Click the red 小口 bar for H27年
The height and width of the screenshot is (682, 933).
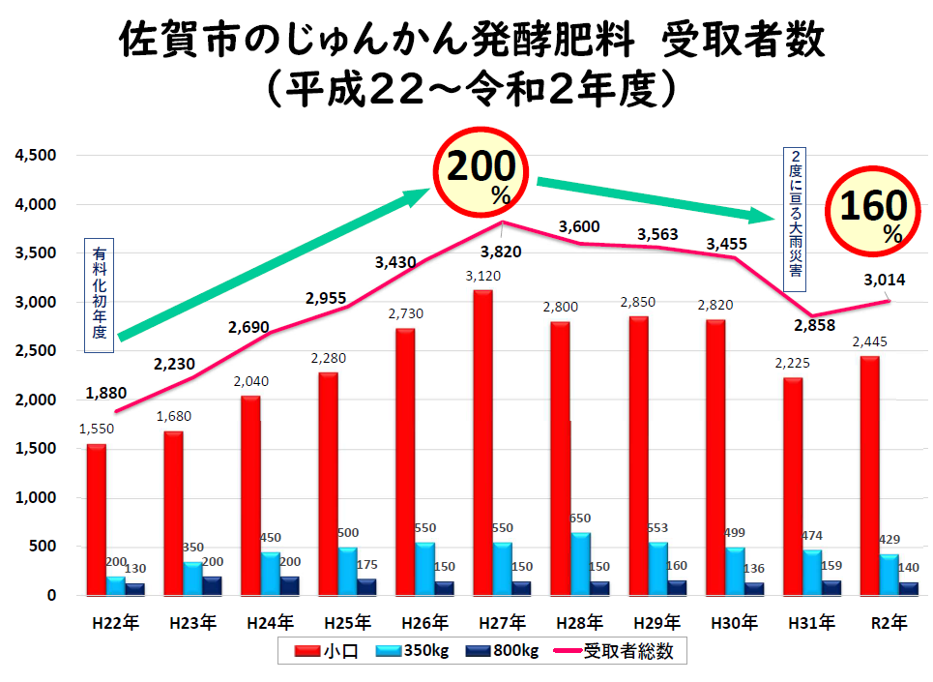pos(483,443)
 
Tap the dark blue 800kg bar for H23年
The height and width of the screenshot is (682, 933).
pos(212,585)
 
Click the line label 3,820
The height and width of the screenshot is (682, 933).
pos(503,252)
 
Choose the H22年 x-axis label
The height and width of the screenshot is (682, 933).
pos(114,623)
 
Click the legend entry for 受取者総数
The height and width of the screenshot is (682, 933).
pos(623,652)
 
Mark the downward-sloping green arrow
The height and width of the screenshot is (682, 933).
pos(657,198)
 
